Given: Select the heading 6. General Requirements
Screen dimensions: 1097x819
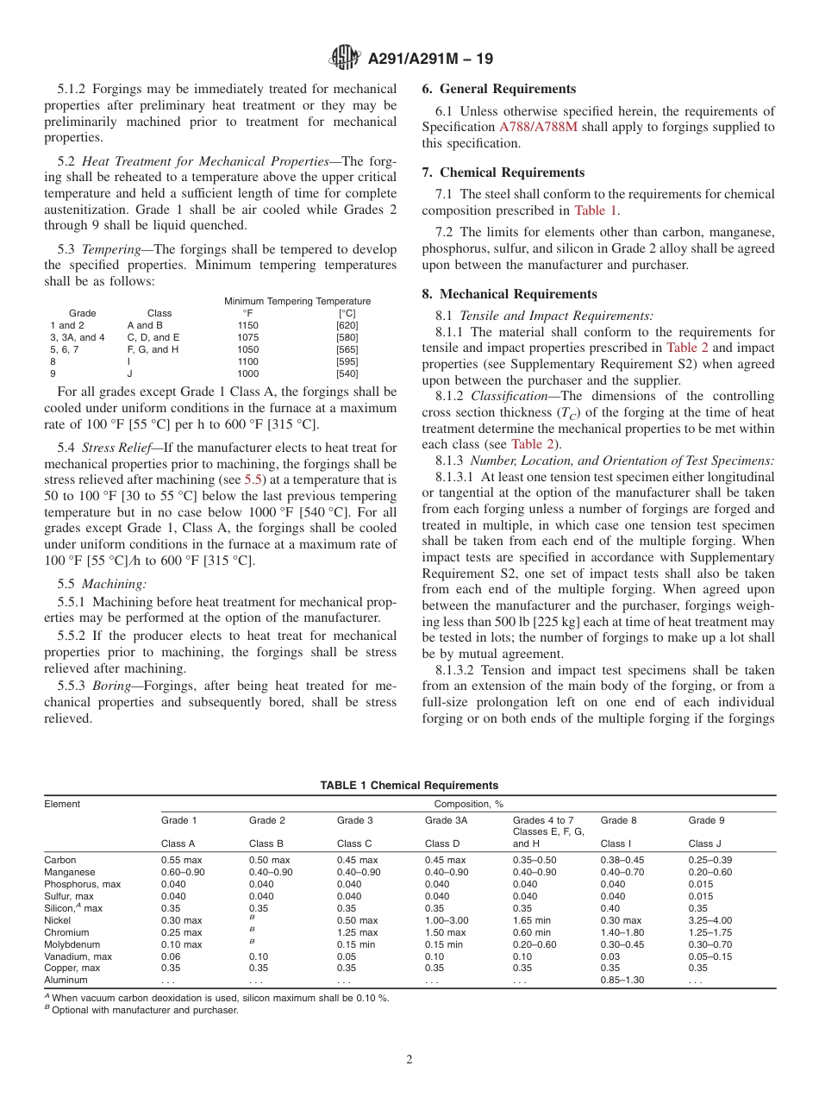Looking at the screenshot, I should tap(499, 89).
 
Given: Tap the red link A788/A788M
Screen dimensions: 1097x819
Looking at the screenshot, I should tap(539, 127).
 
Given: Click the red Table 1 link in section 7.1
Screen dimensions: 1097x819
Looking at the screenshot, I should tap(597, 210).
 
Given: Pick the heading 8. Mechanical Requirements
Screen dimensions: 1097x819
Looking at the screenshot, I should tap(510, 294).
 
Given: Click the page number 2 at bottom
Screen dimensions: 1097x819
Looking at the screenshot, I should tap(409, 1059).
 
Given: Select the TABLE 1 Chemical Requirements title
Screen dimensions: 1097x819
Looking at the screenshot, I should tap(409, 785).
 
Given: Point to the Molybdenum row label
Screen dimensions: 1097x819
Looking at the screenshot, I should tap(74, 944).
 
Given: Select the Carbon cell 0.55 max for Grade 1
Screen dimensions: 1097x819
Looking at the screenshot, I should tap(182, 860).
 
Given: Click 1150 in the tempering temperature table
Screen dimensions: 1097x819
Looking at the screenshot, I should tap(247, 325).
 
